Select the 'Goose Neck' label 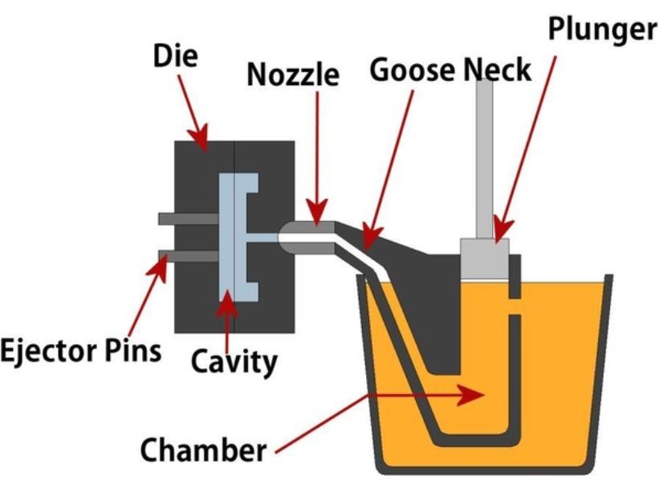[x=450, y=71]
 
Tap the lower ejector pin [x=189, y=256]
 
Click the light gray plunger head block [x=483, y=255]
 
